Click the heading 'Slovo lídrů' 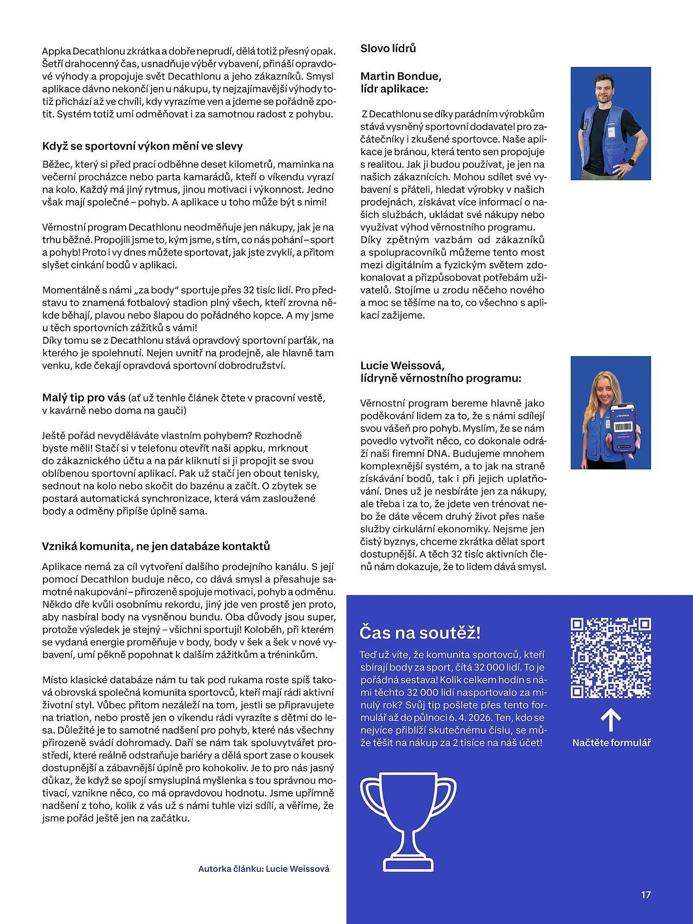(x=388, y=49)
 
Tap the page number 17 (x=645, y=895)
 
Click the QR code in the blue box (x=611, y=658)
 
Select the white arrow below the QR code (x=611, y=720)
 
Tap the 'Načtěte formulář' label (x=611, y=743)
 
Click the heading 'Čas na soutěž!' (x=419, y=632)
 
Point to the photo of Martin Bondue (x=610, y=123)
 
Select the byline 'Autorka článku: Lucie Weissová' (x=264, y=869)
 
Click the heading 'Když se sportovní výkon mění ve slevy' (x=142, y=146)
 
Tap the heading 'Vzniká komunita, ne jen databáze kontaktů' (x=156, y=546)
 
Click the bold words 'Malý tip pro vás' (x=84, y=398)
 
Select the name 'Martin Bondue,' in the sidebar (x=401, y=76)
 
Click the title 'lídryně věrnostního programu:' (x=440, y=378)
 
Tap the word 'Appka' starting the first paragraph (x=56, y=51)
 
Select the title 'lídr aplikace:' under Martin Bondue (x=394, y=89)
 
